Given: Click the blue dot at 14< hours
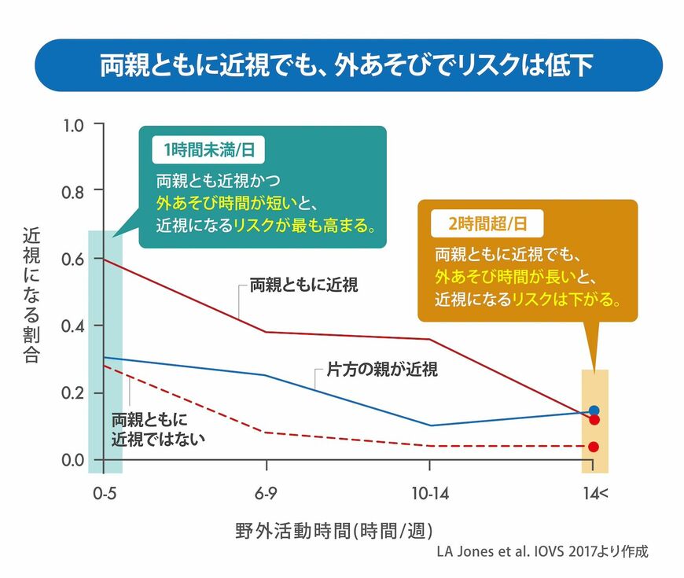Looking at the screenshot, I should coord(594,410).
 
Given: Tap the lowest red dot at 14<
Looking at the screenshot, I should coord(594,447).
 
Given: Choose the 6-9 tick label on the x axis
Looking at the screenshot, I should coord(267,493).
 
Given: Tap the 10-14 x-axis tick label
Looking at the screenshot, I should coord(429,493).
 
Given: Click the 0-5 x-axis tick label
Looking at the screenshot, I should coord(104,493).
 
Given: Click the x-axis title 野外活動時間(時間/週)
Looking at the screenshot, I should coord(334,529).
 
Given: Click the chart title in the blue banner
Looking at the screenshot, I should coord(346,65).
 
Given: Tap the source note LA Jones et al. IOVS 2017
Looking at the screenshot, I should coord(542,551).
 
